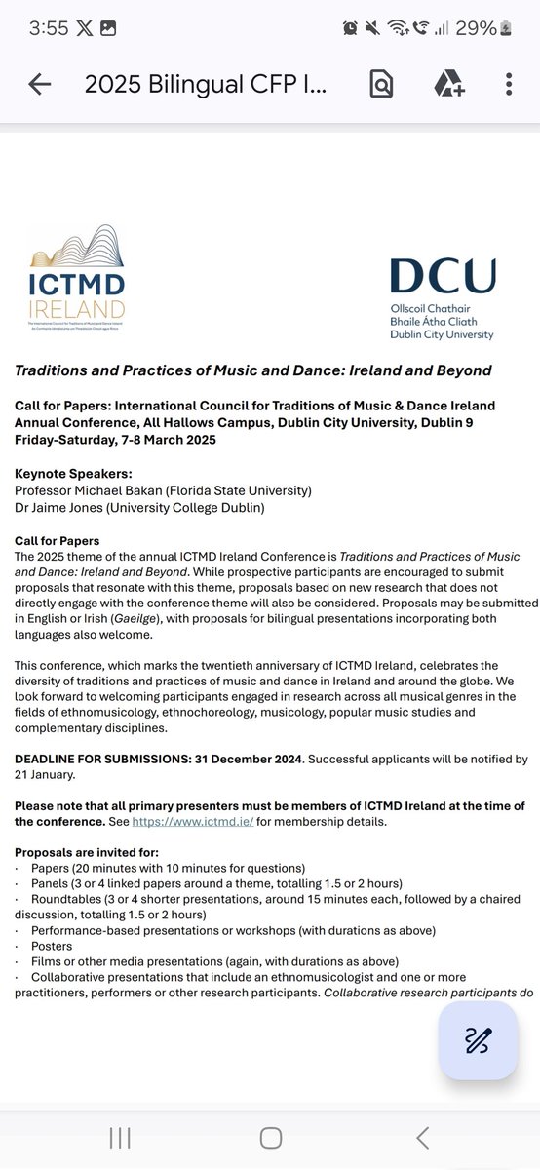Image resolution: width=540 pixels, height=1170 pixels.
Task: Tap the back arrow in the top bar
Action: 40,85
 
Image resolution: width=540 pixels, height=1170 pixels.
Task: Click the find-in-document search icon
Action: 381,85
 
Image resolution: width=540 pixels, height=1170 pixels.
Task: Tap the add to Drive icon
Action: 447,85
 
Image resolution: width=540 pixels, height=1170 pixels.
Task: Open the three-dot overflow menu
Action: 509,85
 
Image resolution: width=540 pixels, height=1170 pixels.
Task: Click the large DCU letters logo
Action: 442,276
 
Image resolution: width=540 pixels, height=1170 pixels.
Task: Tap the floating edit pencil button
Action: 478,1040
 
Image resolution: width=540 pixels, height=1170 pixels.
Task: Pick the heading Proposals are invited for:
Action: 80,852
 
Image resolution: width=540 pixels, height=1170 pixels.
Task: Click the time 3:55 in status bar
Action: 49,27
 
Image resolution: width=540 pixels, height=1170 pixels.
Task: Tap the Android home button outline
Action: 270,1137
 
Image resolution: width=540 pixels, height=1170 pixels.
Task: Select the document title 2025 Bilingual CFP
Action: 205,85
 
